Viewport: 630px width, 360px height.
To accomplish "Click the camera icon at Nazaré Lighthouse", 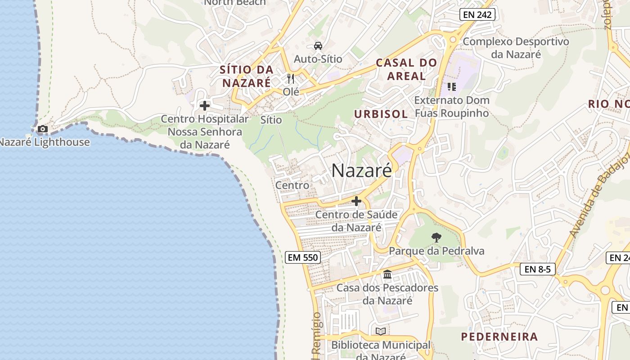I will point(43,129).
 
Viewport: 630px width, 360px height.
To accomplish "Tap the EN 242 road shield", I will point(477,14).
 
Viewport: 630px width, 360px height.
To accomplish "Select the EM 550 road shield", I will point(303,257).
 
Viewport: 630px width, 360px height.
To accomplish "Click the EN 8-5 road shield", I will point(538,269).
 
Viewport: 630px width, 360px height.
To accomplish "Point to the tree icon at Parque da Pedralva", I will point(436,237).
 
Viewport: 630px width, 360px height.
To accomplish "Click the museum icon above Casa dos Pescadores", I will point(387,274).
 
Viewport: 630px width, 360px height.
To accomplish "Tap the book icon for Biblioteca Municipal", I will point(381,331).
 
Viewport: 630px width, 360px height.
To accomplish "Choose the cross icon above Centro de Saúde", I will point(356,201).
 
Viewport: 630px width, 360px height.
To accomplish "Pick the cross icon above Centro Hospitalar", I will point(205,106).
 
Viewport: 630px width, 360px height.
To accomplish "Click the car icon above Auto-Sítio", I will point(318,46).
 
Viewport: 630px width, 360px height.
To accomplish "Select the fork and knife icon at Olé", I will point(291,79).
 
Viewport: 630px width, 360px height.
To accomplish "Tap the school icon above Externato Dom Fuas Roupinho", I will point(451,86).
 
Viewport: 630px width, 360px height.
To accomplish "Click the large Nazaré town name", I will point(362,171).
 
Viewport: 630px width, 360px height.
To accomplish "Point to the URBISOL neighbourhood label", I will point(381,114).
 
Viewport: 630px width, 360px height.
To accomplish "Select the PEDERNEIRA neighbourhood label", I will point(499,337).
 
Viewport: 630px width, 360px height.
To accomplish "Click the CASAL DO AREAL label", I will point(406,69).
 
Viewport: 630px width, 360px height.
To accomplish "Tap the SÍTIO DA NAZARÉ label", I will point(247,76).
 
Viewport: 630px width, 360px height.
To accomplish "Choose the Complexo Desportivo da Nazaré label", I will point(516,48).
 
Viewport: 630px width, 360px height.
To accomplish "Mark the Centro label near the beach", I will point(292,185).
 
